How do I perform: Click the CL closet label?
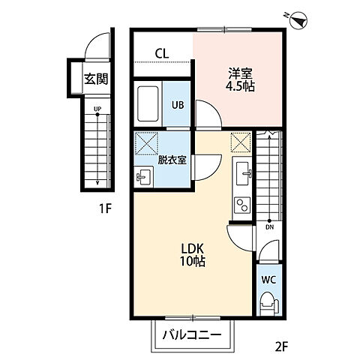(x=162, y=53)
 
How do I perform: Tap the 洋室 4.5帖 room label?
(x=240, y=79)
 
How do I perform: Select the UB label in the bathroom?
(x=178, y=105)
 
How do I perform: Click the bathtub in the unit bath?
(x=148, y=103)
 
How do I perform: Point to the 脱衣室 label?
(x=172, y=160)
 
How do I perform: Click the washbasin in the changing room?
(x=142, y=177)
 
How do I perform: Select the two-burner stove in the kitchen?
(x=242, y=205)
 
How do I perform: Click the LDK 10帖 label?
(x=193, y=255)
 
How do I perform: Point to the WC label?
(x=268, y=280)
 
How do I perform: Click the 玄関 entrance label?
(x=96, y=79)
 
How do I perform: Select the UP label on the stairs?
(x=97, y=109)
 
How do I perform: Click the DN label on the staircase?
(x=269, y=227)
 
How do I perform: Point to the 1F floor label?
(x=105, y=208)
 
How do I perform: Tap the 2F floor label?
(x=282, y=346)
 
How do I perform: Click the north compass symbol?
(x=298, y=20)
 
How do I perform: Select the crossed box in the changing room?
(x=146, y=144)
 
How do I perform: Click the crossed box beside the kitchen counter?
(x=241, y=142)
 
